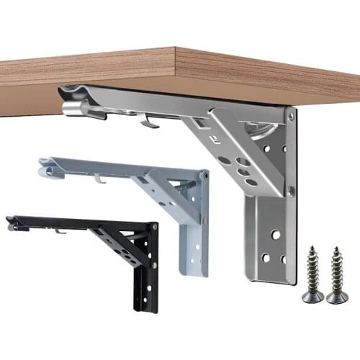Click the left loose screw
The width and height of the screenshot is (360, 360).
(315, 274)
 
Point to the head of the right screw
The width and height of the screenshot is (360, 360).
(337, 296)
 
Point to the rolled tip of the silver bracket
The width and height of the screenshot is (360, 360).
(73, 108)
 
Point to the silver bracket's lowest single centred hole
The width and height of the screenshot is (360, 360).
(274, 234)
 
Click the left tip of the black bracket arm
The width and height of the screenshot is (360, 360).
(12, 225)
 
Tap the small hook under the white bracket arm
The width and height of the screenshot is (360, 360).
(101, 178)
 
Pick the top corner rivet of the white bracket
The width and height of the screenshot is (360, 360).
(204, 175)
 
